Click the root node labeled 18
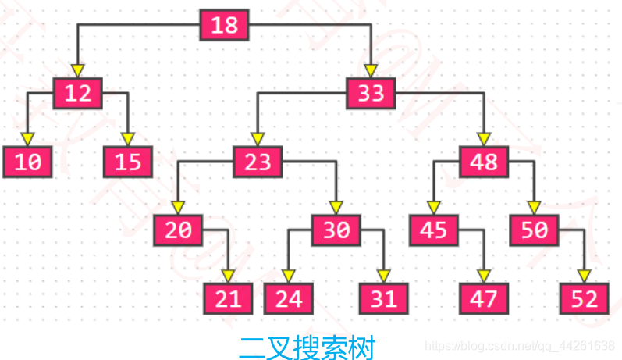(225, 25)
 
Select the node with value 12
(78, 93)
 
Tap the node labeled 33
(371, 93)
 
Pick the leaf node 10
(27, 162)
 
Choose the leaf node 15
(129, 162)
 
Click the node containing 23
(258, 162)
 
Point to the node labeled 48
(484, 162)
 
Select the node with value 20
(178, 230)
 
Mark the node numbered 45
(433, 230)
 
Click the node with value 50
(535, 230)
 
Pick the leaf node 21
(229, 298)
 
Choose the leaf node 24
(288, 298)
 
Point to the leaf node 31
(383, 298)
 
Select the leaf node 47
(484, 298)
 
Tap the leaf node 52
(585, 298)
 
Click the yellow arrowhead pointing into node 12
(77, 70)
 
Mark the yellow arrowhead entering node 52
(585, 276)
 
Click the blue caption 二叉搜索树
(307, 347)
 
